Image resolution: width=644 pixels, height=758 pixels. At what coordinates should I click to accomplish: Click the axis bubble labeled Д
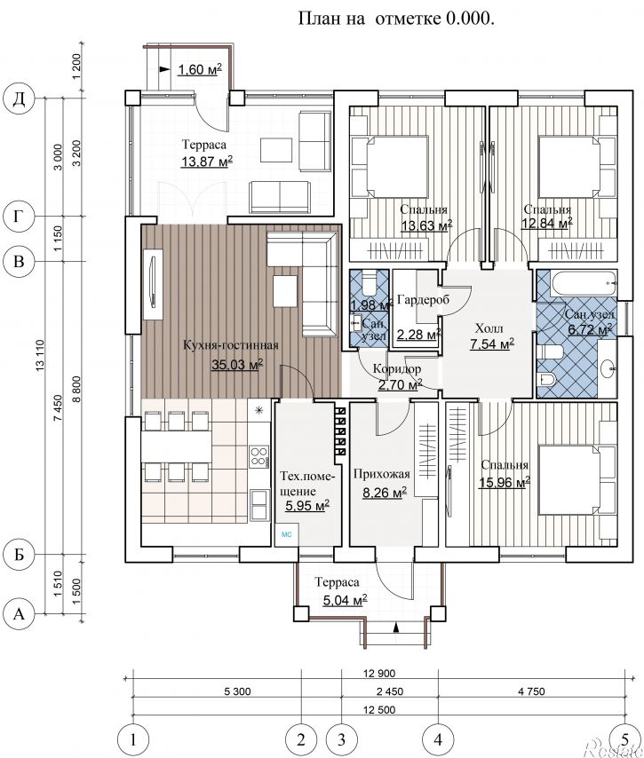(x=19, y=99)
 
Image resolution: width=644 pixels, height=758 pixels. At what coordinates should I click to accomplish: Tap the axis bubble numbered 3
(x=342, y=739)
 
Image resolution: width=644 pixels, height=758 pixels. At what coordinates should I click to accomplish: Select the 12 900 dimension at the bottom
(x=379, y=673)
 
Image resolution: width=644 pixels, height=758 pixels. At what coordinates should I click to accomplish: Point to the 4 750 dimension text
(x=531, y=691)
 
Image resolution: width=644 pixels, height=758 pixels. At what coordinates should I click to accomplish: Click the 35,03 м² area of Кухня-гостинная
(x=237, y=365)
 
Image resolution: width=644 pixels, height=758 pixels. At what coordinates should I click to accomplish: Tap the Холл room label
(x=489, y=328)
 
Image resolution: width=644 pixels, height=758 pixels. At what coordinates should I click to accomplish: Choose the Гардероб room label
(x=423, y=300)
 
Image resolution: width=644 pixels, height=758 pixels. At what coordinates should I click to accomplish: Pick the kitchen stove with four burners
(x=258, y=456)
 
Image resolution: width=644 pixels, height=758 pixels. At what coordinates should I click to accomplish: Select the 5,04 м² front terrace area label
(x=345, y=600)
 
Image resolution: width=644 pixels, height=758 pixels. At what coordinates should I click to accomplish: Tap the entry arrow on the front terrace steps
(x=396, y=628)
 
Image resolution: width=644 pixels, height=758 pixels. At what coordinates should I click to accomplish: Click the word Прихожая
(x=382, y=474)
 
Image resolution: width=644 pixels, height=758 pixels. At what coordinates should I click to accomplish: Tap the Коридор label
(x=397, y=369)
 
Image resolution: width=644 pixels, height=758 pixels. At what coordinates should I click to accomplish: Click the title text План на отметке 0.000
(x=396, y=19)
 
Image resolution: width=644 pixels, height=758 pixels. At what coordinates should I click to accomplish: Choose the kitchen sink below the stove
(x=259, y=505)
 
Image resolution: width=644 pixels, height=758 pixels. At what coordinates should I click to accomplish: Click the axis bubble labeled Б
(x=19, y=555)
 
